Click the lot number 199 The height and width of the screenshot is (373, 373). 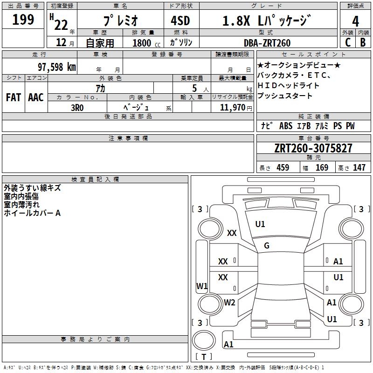coord(23,20)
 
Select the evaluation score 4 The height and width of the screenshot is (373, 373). coord(356,21)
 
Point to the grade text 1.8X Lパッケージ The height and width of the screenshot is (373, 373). coord(266,21)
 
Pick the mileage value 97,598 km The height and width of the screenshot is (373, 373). coord(56,67)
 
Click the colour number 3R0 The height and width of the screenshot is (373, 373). coord(77,107)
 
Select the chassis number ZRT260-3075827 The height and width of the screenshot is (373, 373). coord(313,149)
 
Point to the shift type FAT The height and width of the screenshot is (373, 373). coord(14,97)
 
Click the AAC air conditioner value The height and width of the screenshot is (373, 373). coord(36,97)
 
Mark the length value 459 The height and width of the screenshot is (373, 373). coord(283,168)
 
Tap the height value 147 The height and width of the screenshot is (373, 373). coord(359,168)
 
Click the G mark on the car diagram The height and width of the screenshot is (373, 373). coord(267,246)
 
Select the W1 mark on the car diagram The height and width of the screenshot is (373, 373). coord(202,286)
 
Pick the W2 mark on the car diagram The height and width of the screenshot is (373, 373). coord(229,302)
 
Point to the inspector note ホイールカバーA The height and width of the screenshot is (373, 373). coord(32,213)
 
